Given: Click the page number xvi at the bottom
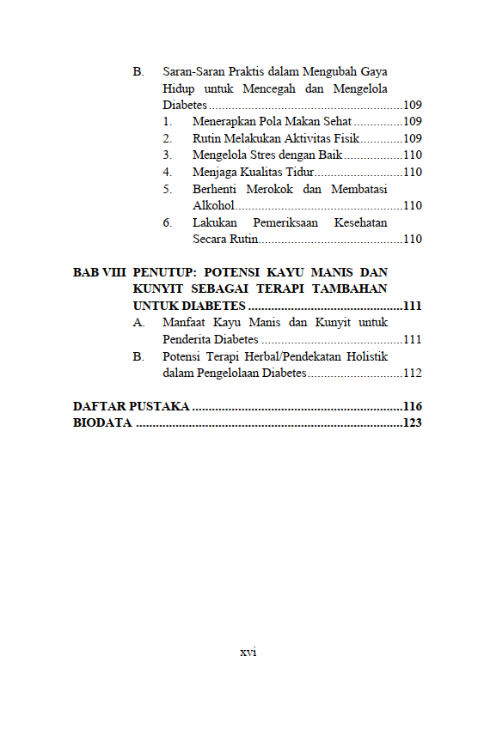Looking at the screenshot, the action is (248, 652).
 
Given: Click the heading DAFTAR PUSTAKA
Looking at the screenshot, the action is (131, 406).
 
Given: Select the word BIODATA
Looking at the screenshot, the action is (102, 422).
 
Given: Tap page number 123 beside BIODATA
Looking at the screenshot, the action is (412, 422).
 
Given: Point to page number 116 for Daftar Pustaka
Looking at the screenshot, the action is (412, 406).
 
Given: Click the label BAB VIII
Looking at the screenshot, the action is (99, 272).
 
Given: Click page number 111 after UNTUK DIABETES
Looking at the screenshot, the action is (412, 307).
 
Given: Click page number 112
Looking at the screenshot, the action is (412, 374).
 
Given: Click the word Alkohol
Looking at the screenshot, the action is (213, 206).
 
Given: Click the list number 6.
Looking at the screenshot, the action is (167, 222).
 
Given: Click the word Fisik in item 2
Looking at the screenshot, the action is (342, 138).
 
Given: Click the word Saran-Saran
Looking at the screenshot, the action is (193, 71).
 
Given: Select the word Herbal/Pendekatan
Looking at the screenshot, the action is (269, 356).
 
